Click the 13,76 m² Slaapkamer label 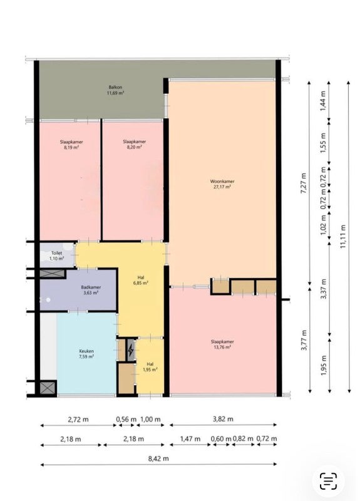pos(222,344)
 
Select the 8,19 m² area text pos(71,147)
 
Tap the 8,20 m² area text pos(135,147)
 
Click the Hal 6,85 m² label pos(141,280)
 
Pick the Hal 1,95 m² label pos(150,367)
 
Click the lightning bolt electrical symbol pos(131,351)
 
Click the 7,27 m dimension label pos(304,183)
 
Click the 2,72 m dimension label pos(78,419)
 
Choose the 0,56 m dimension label pos(126,419)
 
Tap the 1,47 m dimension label pos(190,439)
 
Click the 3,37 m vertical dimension pos(324,289)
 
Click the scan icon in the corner pos(328,481)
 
